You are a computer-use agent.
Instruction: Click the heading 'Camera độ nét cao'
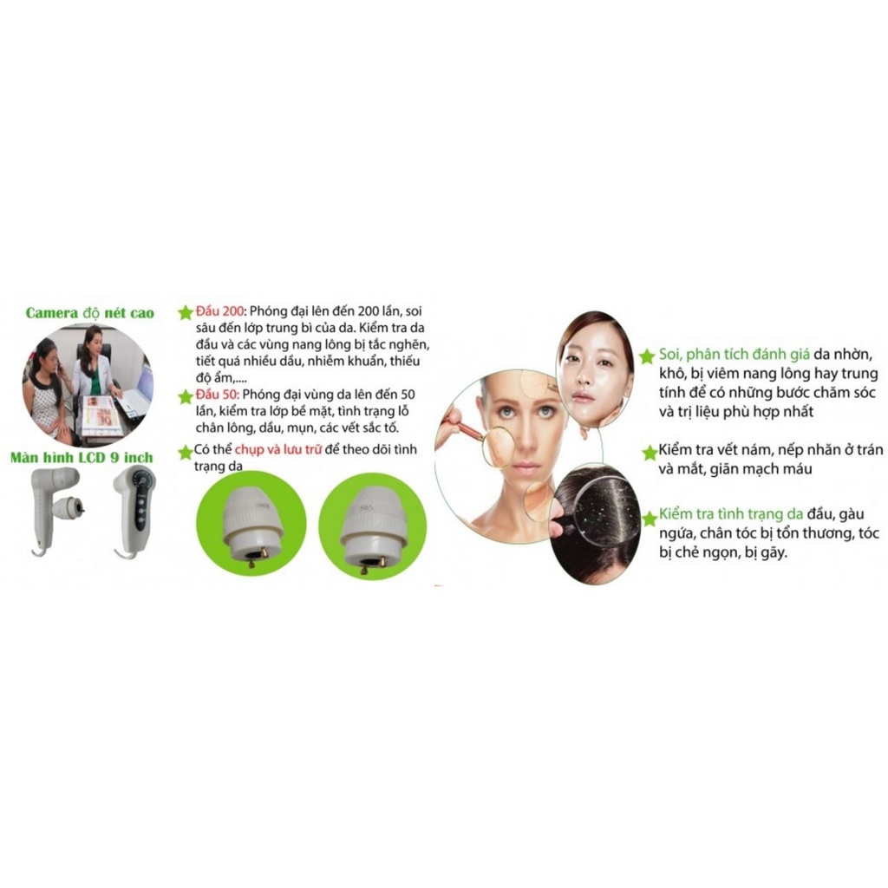90,313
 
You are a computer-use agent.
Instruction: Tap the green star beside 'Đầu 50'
185,397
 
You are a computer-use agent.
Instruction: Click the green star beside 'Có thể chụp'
185,452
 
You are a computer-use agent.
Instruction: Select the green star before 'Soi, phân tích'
647,357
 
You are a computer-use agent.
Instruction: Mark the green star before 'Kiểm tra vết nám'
647,453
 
